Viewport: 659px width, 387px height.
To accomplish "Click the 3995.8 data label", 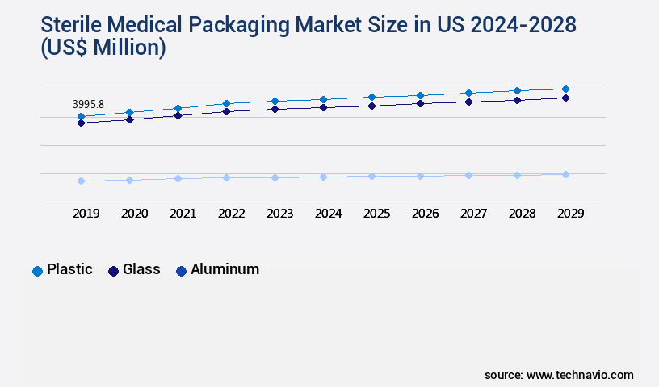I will [x=88, y=105].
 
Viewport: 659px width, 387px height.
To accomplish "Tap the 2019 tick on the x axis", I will [x=86, y=214].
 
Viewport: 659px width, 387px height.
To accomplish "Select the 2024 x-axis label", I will [x=328, y=214].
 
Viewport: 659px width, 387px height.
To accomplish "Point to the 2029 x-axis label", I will [x=570, y=214].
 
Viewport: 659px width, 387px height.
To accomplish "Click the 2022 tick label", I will [x=231, y=214].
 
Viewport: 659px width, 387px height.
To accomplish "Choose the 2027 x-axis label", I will [x=473, y=214].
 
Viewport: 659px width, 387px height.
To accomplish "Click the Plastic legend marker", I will [x=37, y=271].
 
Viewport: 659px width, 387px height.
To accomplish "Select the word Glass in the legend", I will [x=141, y=269].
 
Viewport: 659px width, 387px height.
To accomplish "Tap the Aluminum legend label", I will [x=225, y=269].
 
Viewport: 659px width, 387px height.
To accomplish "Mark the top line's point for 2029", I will [x=565, y=89].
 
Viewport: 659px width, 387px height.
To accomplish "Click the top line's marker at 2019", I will [x=81, y=117].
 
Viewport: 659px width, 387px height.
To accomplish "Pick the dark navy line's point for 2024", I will [x=323, y=107].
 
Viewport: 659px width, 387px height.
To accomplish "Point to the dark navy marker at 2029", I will [x=565, y=98].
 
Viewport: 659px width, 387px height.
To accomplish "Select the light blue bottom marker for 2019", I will [x=81, y=181].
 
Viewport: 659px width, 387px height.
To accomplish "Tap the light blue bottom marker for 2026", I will [x=420, y=176].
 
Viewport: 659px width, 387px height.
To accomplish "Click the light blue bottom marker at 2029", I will [x=565, y=174].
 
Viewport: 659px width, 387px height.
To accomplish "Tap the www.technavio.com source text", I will [x=580, y=375].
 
